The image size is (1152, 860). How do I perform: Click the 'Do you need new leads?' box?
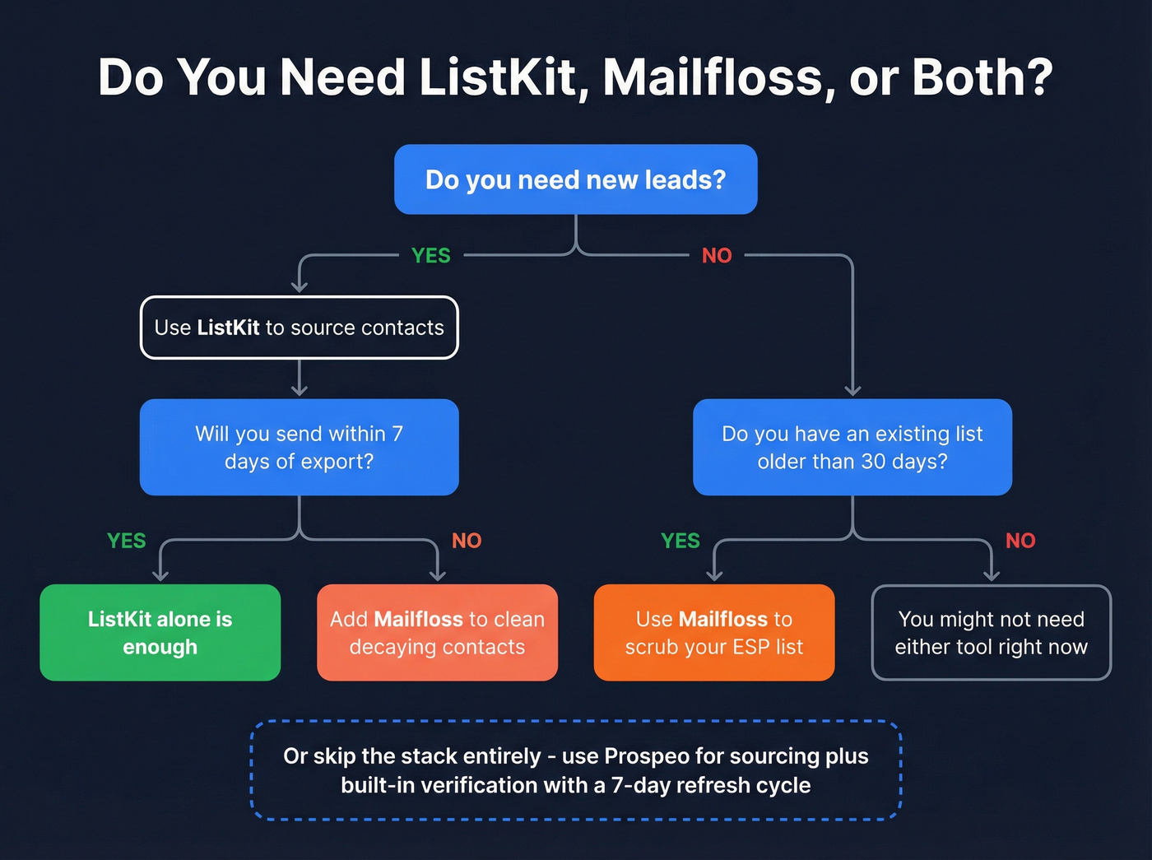pyautogui.click(x=575, y=179)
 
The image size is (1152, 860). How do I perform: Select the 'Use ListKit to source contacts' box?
pyautogui.click(x=299, y=328)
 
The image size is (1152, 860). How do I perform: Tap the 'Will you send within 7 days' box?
pyautogui.click(x=299, y=447)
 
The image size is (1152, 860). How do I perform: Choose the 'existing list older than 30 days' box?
pyautogui.click(x=852, y=447)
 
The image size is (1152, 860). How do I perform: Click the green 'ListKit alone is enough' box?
pyautogui.click(x=160, y=632)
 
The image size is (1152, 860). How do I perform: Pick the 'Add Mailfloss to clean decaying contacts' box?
pyautogui.click(x=437, y=632)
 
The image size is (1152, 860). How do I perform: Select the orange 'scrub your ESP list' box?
pyautogui.click(x=713, y=632)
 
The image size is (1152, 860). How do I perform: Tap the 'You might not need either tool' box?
pyautogui.click(x=991, y=632)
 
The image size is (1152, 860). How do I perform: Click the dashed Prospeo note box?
pyautogui.click(x=575, y=770)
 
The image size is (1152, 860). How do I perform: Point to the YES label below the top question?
pyautogui.click(x=430, y=256)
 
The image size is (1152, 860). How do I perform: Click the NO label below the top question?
pyautogui.click(x=717, y=256)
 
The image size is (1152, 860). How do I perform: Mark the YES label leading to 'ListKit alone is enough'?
pyautogui.click(x=126, y=541)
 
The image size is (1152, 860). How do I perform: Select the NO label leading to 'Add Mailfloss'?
pyautogui.click(x=467, y=541)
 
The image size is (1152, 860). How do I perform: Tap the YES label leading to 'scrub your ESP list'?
pyautogui.click(x=680, y=541)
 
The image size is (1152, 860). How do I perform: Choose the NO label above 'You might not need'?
pyautogui.click(x=1020, y=541)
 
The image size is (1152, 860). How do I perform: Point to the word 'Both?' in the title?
pyautogui.click(x=982, y=77)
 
